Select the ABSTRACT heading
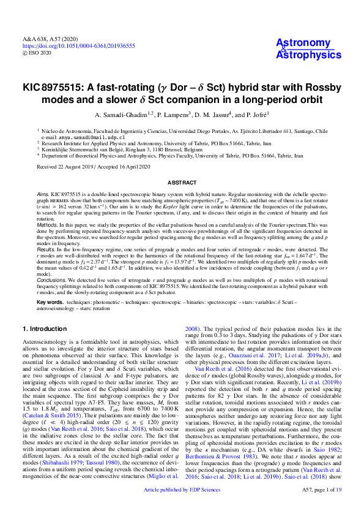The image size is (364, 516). pos(182,183)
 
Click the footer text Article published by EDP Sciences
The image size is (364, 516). pos(182,507)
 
